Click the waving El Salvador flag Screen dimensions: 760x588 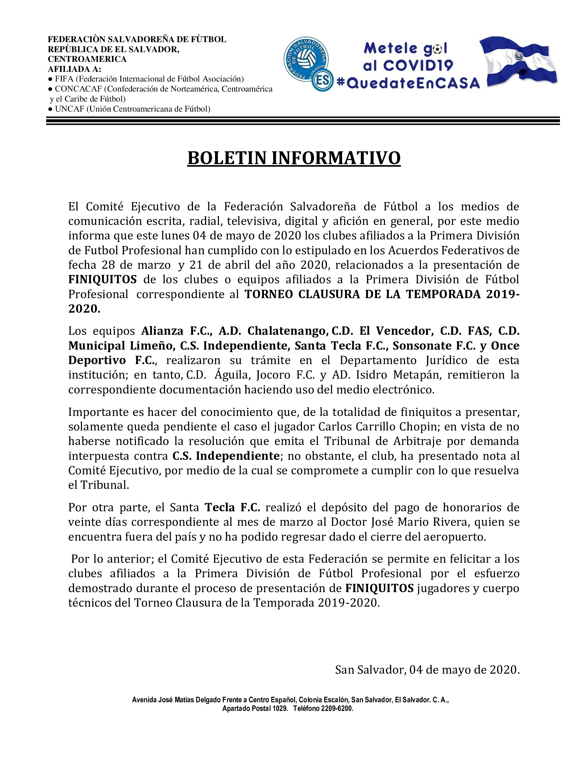pos(518,62)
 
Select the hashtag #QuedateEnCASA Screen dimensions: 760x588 pos(408,83)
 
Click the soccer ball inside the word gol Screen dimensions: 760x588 pos(438,49)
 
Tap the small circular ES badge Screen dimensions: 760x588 pos(323,81)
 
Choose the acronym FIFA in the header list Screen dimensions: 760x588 pos(64,79)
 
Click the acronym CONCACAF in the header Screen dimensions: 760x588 pos(79,89)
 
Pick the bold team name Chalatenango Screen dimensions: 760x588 pos(288,331)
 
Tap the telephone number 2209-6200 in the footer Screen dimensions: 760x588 pos(337,709)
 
